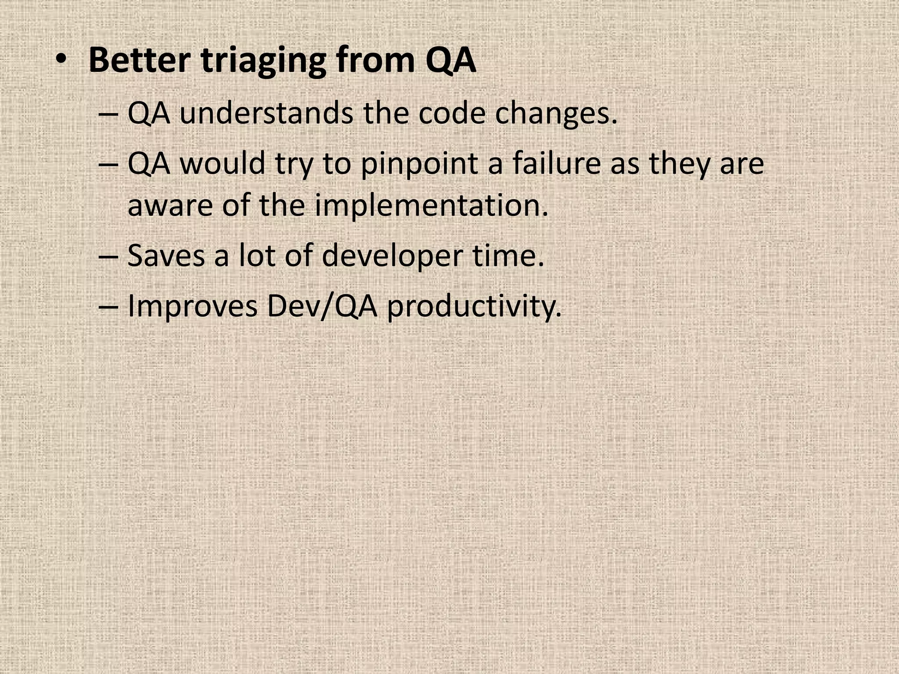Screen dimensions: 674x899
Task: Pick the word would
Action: (223, 163)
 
